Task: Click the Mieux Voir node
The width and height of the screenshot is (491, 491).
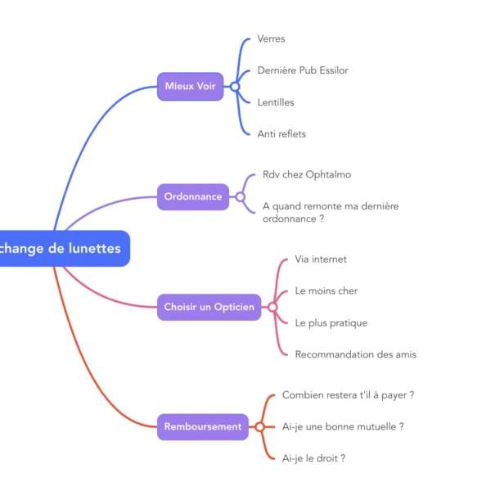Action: [x=190, y=86]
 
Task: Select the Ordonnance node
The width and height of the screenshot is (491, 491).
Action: [x=193, y=196]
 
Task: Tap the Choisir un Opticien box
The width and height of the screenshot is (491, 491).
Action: [x=209, y=307]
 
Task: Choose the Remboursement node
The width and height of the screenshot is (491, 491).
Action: [x=203, y=426]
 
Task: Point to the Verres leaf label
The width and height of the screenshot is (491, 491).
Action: [x=271, y=38]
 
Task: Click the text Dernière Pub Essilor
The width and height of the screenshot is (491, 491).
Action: [x=302, y=70]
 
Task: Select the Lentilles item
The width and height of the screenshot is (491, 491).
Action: [x=275, y=102]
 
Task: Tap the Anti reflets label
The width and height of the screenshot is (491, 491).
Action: [x=281, y=133]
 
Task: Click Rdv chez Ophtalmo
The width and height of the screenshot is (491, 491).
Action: [x=306, y=174]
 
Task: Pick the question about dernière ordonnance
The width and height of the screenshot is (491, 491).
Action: [x=330, y=212]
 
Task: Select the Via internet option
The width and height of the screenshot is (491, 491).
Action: [x=321, y=259]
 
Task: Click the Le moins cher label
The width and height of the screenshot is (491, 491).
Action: [x=326, y=291]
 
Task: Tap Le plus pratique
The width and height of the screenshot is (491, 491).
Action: [x=331, y=322]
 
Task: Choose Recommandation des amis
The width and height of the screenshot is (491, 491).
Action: [x=355, y=354]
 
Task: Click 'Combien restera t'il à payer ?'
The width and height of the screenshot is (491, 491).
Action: [x=348, y=394]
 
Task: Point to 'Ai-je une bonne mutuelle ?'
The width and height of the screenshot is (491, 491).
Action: [x=343, y=426]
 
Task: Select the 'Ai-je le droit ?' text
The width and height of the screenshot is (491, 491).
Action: [x=313, y=458]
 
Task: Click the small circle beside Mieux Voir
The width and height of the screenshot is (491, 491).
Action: [x=234, y=86]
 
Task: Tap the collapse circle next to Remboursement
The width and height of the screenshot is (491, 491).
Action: [x=259, y=426]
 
